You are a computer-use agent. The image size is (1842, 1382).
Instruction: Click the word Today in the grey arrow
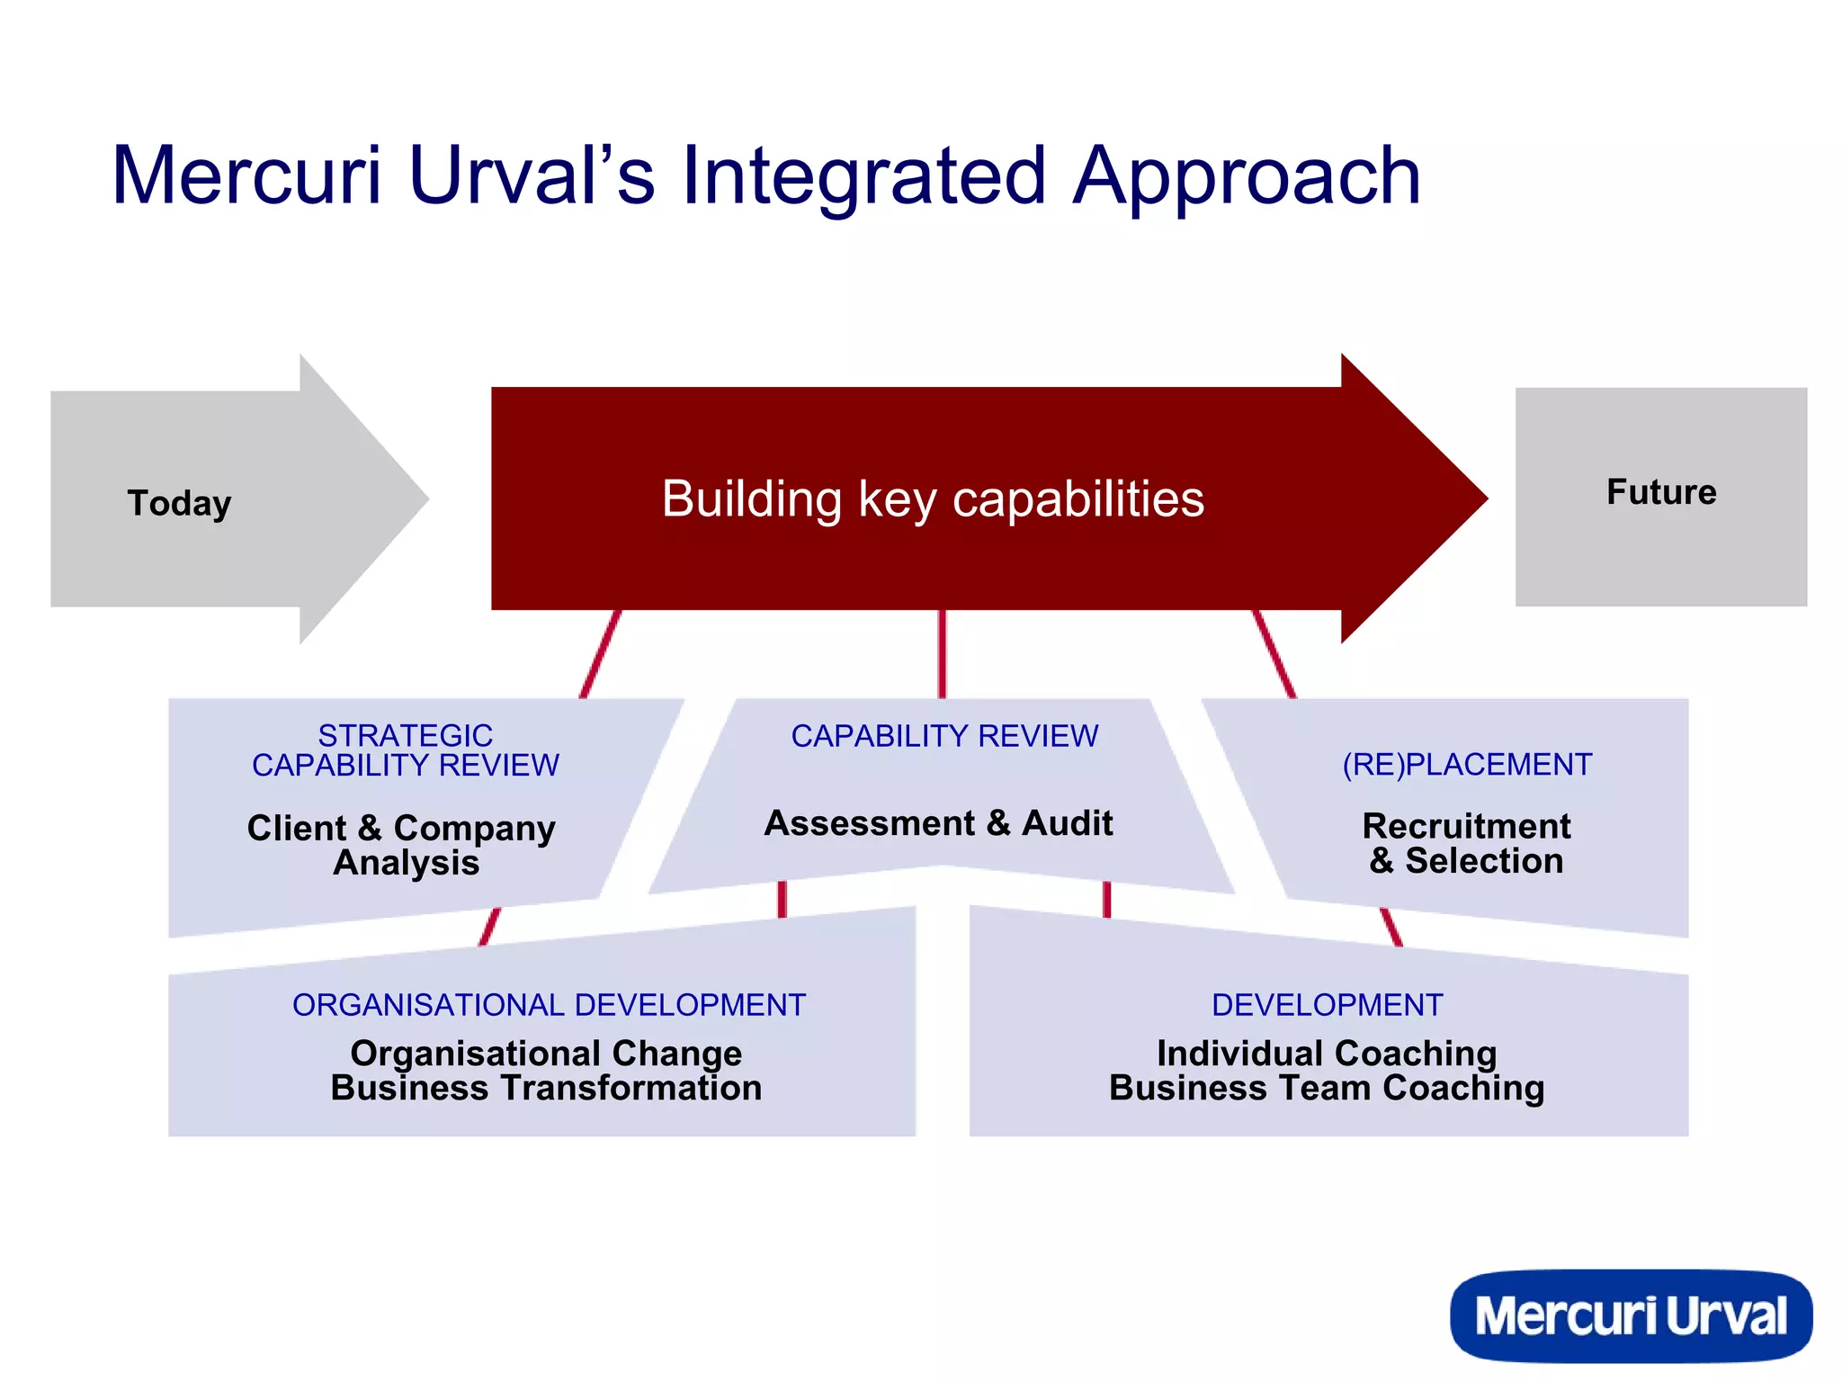tap(179, 503)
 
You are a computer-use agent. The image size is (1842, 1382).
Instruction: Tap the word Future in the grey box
tap(1661, 492)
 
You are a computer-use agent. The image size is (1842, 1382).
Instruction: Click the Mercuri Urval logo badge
tap(1631, 1315)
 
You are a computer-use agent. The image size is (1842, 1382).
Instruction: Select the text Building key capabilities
tap(933, 498)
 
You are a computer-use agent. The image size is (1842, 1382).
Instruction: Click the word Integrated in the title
tap(863, 175)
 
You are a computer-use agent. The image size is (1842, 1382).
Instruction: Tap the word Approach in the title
tap(1247, 177)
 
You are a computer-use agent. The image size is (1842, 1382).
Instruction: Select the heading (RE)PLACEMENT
tap(1467, 765)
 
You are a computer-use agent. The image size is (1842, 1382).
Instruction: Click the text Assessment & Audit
tap(938, 823)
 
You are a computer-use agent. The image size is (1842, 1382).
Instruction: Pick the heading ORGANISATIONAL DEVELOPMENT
tap(549, 1005)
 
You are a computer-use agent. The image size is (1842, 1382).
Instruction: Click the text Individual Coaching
tap(1327, 1053)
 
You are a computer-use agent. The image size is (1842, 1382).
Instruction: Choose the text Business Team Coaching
tap(1327, 1088)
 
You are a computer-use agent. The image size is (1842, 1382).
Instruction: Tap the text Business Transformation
tap(546, 1088)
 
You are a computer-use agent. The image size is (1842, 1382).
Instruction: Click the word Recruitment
tap(1466, 826)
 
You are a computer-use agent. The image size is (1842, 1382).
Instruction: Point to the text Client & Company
tap(401, 828)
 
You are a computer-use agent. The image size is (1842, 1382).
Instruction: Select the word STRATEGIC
tap(406, 736)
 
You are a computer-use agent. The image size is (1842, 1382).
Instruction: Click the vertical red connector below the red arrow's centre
tap(942, 654)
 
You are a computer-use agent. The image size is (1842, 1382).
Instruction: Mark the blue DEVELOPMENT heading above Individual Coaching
tap(1327, 1005)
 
